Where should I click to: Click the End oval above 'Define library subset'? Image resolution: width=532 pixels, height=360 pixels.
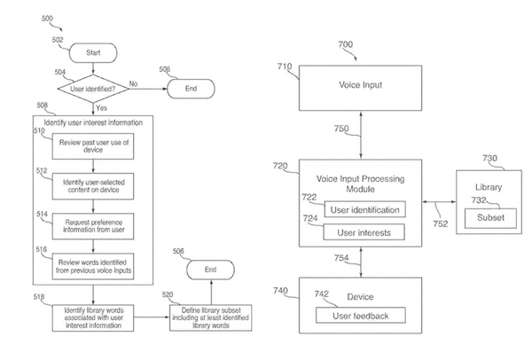(x=211, y=269)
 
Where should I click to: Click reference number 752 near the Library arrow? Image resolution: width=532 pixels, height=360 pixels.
(x=441, y=224)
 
